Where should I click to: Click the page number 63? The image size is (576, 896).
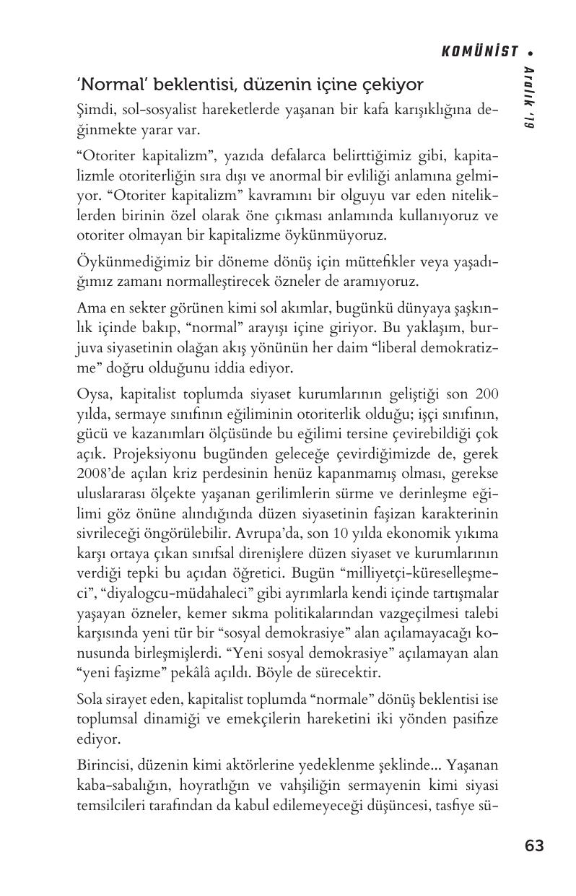[534, 845]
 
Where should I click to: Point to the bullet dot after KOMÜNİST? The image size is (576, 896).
[531, 52]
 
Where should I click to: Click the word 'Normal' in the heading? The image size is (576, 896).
[105, 84]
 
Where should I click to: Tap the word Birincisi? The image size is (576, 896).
[103, 765]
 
